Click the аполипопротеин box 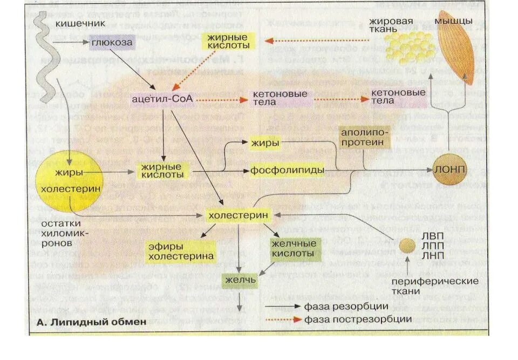point(364,137)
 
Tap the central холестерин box point(238,215)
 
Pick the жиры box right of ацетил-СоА point(264,143)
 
